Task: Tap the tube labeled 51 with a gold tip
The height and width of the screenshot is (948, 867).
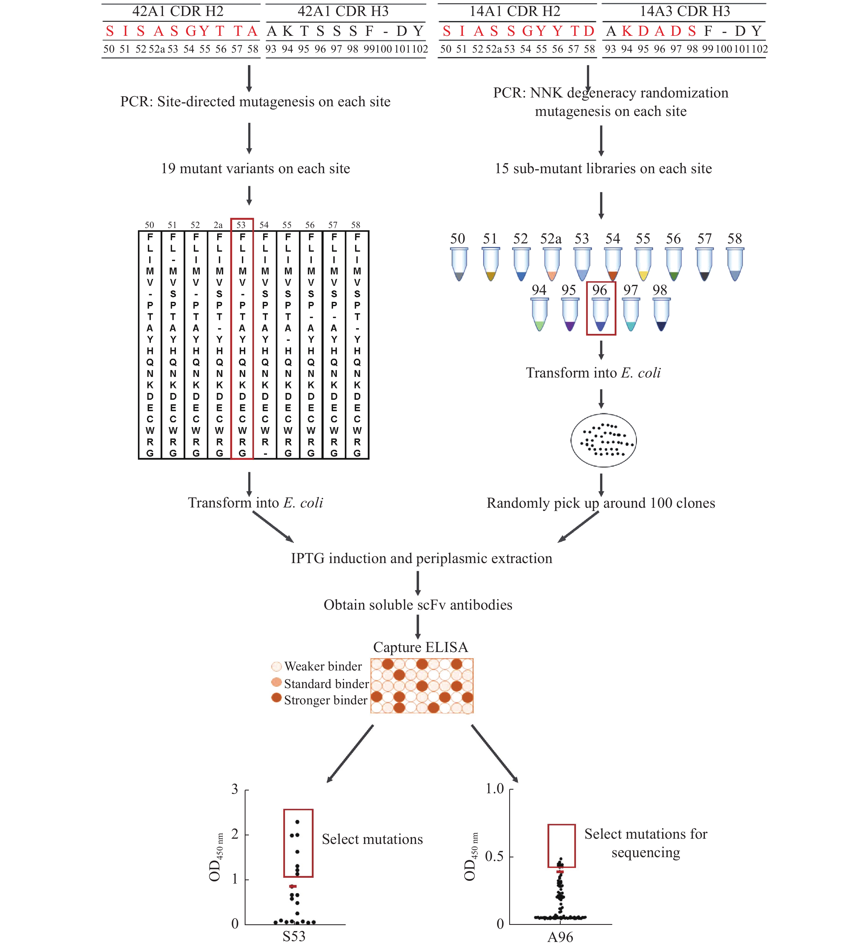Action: pyautogui.click(x=490, y=264)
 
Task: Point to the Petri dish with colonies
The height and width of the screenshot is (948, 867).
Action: pyautogui.click(x=603, y=440)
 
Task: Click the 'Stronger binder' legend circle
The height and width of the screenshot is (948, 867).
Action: pyautogui.click(x=276, y=697)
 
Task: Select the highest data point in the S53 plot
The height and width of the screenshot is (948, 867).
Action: pyautogui.click(x=298, y=822)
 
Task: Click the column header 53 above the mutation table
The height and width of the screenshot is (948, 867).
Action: pyautogui.click(x=241, y=225)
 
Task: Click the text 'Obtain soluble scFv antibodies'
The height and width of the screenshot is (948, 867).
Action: pyautogui.click(x=418, y=605)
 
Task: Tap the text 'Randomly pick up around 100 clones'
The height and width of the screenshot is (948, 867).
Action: pyautogui.click(x=600, y=503)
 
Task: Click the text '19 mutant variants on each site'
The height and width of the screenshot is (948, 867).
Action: pyautogui.click(x=255, y=168)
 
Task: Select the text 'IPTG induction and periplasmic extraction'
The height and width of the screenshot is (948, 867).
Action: pyautogui.click(x=421, y=558)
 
